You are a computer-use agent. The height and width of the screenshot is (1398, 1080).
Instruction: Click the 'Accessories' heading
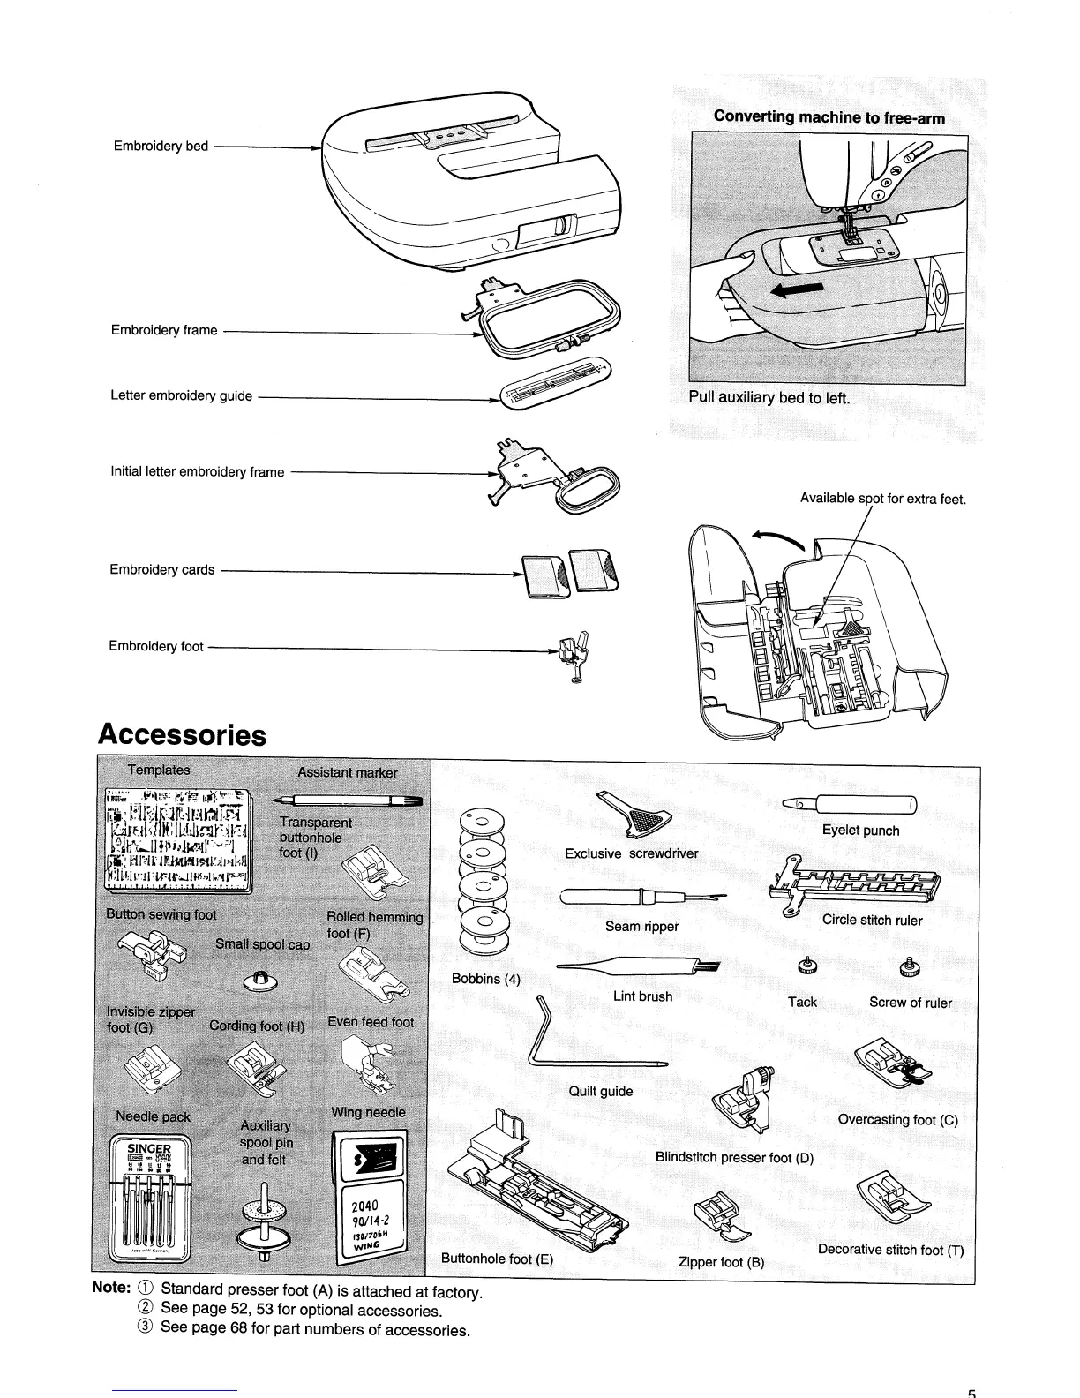(x=183, y=734)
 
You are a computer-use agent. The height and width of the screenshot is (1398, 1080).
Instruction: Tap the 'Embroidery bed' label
(x=161, y=146)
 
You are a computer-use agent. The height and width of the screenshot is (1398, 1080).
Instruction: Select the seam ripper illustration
(x=643, y=898)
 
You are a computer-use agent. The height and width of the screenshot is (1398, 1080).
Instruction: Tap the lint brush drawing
(x=640, y=967)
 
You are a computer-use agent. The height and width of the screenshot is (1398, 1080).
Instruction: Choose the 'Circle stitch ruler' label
(x=872, y=920)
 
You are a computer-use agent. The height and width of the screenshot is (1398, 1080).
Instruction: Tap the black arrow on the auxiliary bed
(x=802, y=289)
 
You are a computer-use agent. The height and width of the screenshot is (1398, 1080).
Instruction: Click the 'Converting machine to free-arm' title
(x=829, y=117)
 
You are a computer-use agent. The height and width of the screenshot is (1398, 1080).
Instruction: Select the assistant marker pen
(x=348, y=800)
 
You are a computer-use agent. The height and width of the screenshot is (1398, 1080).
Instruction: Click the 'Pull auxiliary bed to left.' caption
(x=769, y=397)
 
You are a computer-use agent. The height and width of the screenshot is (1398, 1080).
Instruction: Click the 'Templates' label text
(x=159, y=770)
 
